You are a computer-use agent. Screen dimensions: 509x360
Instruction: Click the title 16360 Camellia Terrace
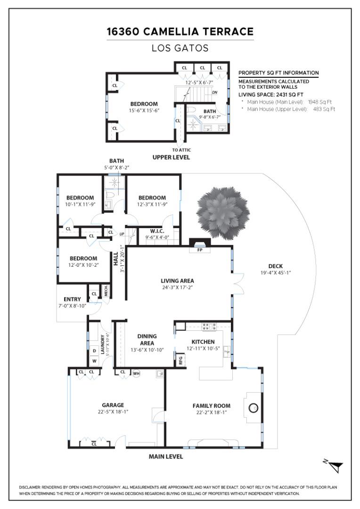click(x=180, y=32)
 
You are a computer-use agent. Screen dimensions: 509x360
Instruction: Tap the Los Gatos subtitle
click(x=180, y=48)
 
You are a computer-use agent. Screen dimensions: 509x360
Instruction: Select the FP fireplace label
click(x=200, y=250)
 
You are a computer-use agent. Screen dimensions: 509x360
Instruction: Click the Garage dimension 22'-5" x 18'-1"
click(x=113, y=411)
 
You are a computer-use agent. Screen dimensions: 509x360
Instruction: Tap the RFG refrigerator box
click(x=180, y=361)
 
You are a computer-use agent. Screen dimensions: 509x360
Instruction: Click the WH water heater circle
click(x=136, y=373)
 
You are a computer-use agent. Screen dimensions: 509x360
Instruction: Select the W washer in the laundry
click(x=94, y=361)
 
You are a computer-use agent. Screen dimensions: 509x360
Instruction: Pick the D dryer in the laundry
click(x=94, y=351)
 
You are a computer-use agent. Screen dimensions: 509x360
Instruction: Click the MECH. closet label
click(x=106, y=291)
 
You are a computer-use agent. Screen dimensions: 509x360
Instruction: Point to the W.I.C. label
click(x=156, y=231)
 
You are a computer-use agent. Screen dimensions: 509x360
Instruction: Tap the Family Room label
click(x=211, y=405)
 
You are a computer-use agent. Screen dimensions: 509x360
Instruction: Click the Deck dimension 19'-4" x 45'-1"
click(x=276, y=273)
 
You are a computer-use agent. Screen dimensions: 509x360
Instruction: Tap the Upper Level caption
click(x=171, y=157)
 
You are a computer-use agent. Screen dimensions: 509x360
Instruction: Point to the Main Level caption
click(x=166, y=456)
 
